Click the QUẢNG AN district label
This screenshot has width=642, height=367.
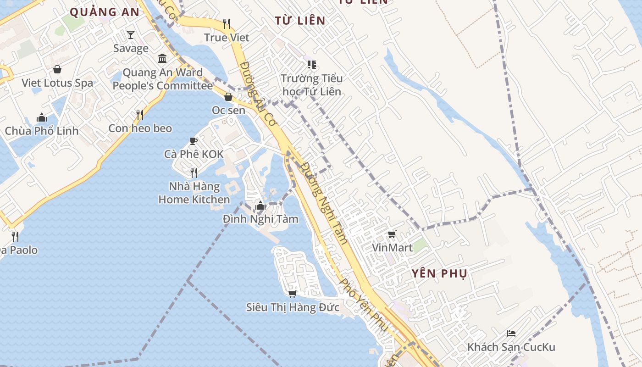(105, 12)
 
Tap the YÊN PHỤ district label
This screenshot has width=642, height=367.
(439, 274)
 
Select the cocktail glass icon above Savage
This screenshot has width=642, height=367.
(131, 35)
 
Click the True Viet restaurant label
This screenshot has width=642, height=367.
(227, 38)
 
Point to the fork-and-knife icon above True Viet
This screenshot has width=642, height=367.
(226, 23)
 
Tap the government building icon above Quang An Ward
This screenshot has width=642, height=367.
(162, 59)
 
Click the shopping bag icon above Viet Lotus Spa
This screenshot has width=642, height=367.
(57, 69)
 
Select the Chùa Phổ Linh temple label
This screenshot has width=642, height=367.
(42, 131)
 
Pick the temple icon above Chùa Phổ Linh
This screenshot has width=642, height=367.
(42, 117)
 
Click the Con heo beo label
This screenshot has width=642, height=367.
(140, 128)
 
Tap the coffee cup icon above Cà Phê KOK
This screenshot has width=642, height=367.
(194, 141)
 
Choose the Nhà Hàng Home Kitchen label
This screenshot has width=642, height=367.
(194, 193)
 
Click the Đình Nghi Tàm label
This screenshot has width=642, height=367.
(260, 219)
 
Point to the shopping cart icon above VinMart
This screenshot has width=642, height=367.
(392, 234)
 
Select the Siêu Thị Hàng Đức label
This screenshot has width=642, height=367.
(293, 307)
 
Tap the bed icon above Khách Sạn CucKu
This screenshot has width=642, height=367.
(511, 334)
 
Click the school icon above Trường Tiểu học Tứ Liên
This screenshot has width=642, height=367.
(312, 65)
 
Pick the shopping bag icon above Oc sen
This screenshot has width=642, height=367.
(228, 97)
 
